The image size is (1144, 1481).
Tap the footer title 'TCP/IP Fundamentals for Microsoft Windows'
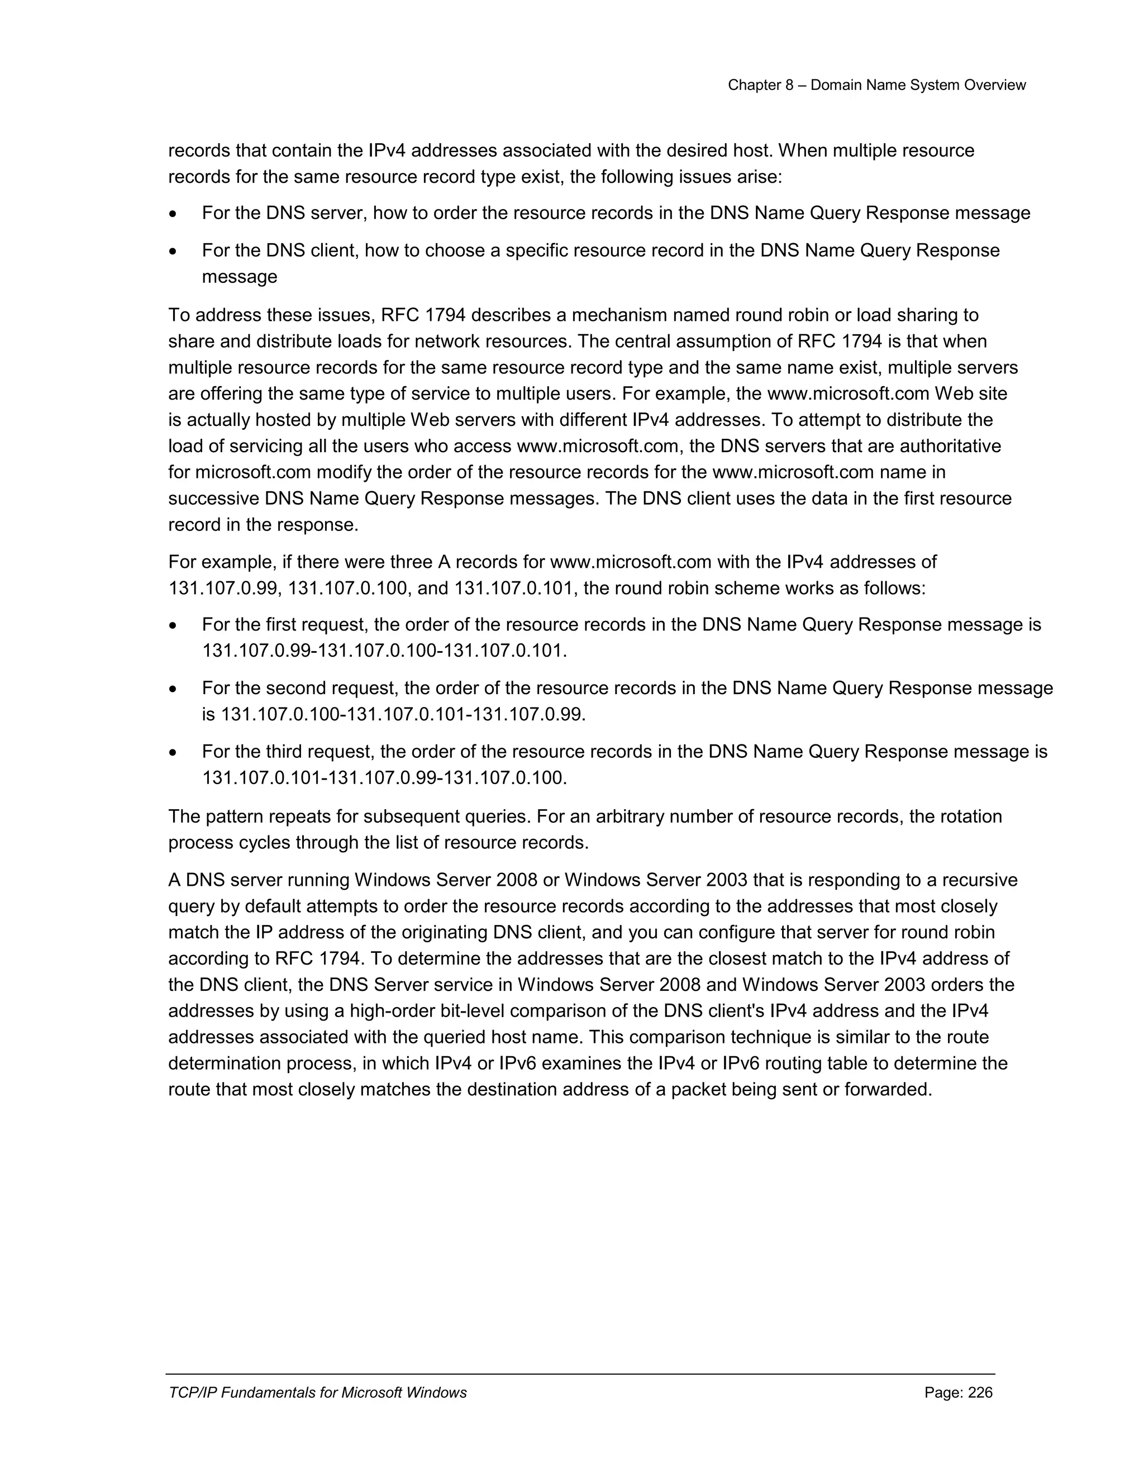point(317,1393)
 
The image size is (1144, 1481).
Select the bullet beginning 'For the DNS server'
point(616,213)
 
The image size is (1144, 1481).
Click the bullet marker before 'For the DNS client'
point(174,251)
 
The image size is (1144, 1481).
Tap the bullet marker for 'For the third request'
point(174,753)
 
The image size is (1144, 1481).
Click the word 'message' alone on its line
point(239,277)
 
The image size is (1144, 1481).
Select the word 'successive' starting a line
point(213,499)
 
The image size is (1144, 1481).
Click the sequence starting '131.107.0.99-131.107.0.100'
point(384,651)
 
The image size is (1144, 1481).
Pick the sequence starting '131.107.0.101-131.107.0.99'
point(384,778)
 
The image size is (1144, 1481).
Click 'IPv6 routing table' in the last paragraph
point(803,1064)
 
